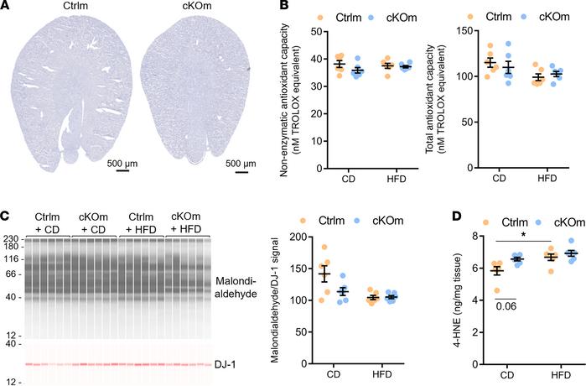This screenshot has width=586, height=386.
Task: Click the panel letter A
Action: pos(6,7)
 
